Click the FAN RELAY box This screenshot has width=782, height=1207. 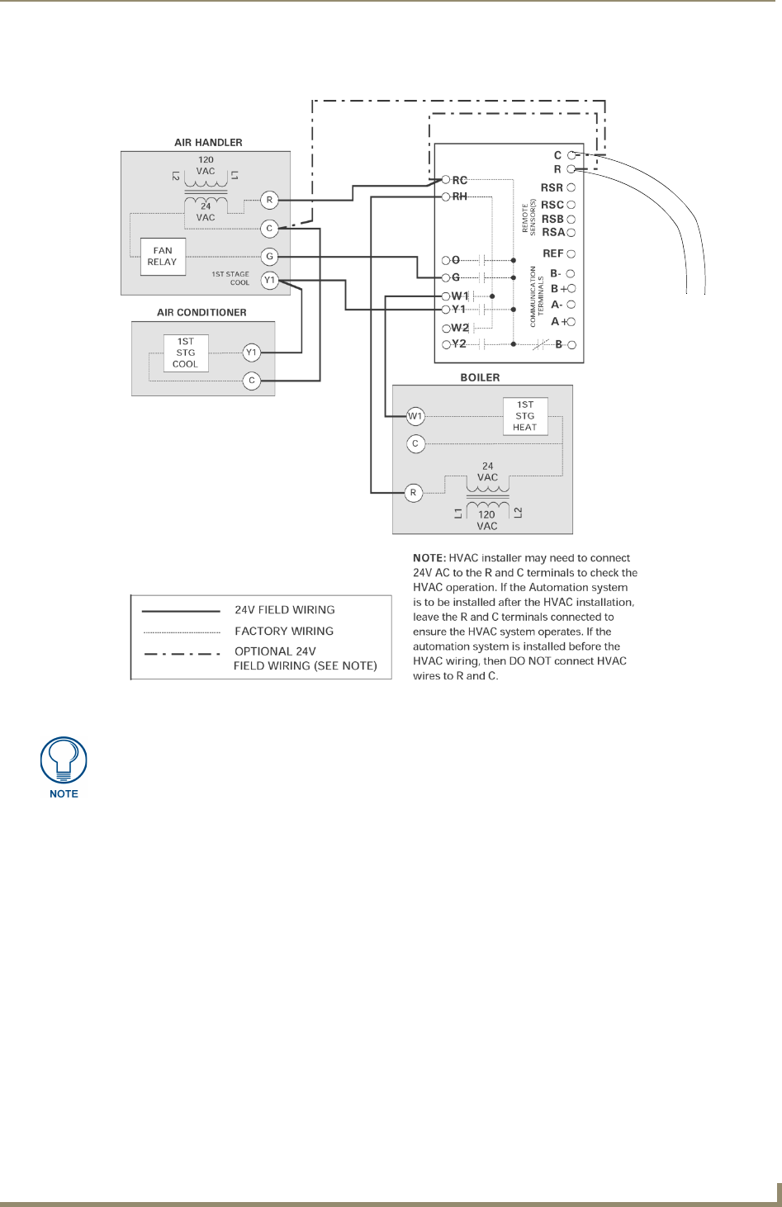click(163, 256)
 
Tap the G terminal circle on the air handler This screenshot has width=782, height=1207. click(269, 256)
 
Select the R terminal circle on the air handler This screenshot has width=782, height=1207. click(269, 200)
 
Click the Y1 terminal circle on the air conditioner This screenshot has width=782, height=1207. click(252, 353)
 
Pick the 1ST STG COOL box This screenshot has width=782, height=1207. click(186, 353)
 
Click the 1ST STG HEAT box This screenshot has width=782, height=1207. click(525, 416)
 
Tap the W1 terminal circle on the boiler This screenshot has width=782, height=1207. click(415, 416)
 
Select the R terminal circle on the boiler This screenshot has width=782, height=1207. click(413, 493)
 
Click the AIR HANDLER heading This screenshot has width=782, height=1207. click(208, 142)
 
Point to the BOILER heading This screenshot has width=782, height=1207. click(480, 377)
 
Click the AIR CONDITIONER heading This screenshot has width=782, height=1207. click(201, 312)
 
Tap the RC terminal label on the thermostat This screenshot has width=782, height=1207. click(459, 180)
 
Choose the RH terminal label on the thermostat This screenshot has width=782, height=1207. click(459, 196)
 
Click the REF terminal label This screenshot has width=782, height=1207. click(552, 253)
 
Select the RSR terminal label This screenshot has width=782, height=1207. click(552, 187)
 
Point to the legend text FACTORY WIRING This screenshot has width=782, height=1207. click(284, 631)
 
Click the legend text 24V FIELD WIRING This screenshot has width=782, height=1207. click(285, 610)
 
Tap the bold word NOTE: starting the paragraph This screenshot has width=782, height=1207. click(429, 558)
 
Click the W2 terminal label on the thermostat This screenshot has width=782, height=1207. click(460, 328)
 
